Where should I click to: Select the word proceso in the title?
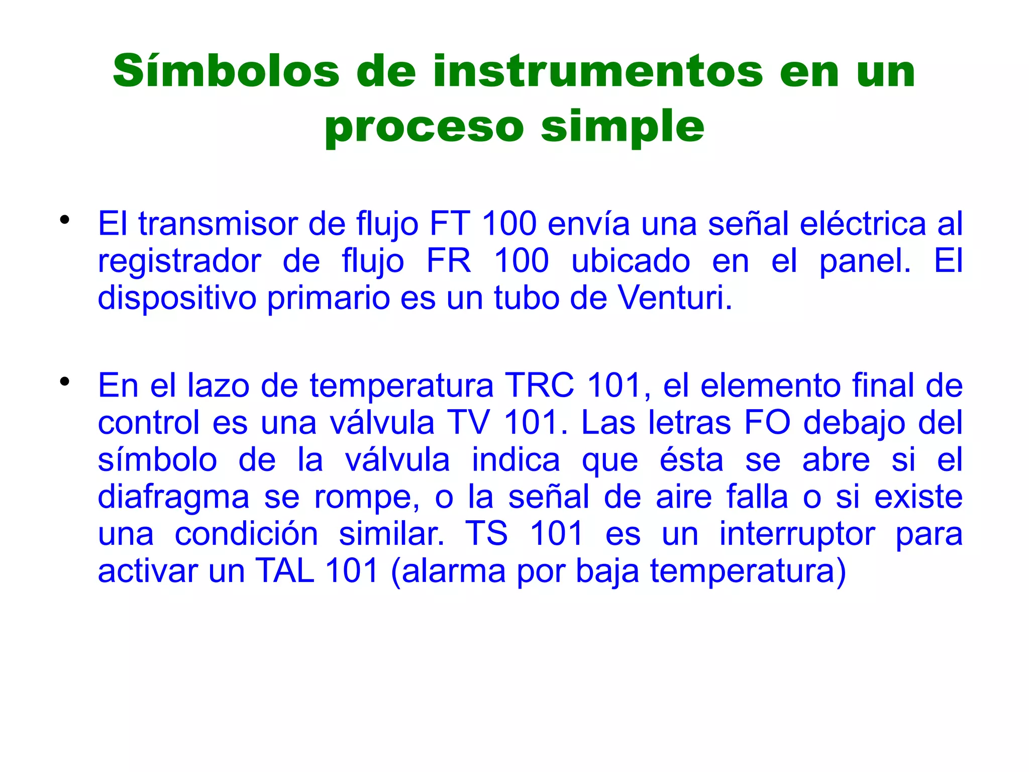coord(424,127)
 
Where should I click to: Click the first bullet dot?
coord(64,220)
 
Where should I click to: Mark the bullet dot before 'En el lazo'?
coord(64,381)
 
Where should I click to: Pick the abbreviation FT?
coord(450,223)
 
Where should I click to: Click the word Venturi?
coord(674,298)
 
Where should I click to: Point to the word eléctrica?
coord(862,223)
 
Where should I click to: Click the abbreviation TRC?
coord(539,385)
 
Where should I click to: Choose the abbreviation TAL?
coord(285,571)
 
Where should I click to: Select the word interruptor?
coord(797,534)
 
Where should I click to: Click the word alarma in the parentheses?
coord(454,571)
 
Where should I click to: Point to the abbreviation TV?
coord(468,423)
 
